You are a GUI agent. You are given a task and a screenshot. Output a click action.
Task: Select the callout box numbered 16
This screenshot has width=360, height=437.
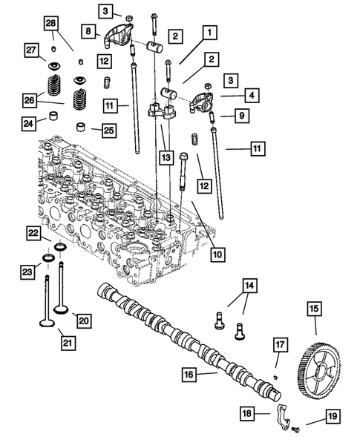pos(190,375)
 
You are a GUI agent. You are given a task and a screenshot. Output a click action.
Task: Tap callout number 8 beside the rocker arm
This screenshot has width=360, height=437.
pos(88,31)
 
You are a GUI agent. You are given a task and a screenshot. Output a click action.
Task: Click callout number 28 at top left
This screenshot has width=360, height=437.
pos(50,24)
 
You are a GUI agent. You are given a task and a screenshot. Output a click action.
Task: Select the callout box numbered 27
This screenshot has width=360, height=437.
pos(32,50)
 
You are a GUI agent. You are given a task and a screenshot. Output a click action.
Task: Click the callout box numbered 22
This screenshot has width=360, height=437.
pos(33,233)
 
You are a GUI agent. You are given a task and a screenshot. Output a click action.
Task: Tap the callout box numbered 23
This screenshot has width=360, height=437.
pos(28,272)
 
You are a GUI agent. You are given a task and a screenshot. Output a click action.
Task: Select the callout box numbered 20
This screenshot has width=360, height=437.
pos(83,320)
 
